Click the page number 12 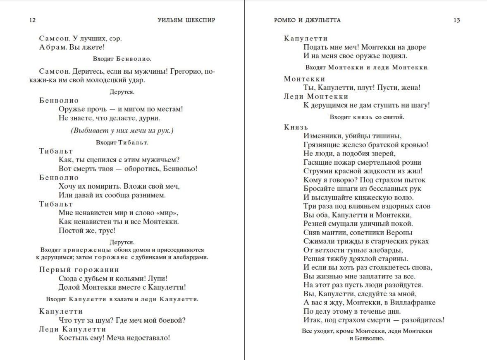[x=32, y=20]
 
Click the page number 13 [x=456, y=20]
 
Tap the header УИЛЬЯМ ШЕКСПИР [x=186, y=20]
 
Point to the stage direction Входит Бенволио [x=122, y=59]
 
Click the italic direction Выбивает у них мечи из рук [x=122, y=131]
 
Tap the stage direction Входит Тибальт [x=122, y=142]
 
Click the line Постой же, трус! [x=87, y=230]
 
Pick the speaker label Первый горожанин [x=79, y=269]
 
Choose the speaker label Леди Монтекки [x=316, y=96]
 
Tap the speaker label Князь [x=296, y=127]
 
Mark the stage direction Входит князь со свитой [x=367, y=117]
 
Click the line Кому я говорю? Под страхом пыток [x=364, y=180]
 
